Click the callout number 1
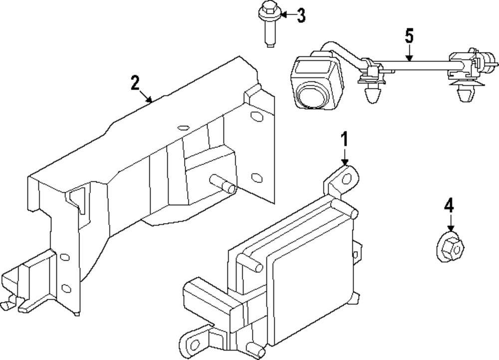coord(344,140)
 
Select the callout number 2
coord(134,83)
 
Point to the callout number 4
coord(449,205)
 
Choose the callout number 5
coord(409,36)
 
